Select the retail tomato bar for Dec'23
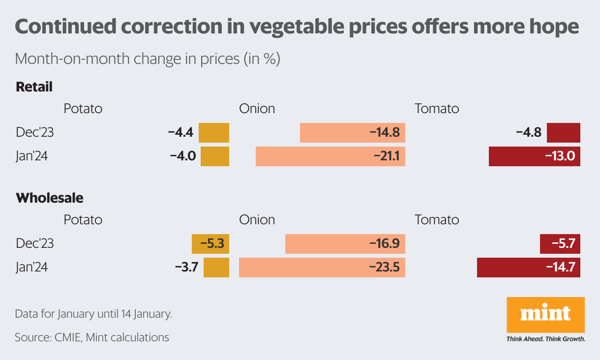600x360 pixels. click(x=564, y=133)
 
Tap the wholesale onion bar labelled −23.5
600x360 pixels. click(x=322, y=268)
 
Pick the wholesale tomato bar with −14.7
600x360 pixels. click(x=528, y=268)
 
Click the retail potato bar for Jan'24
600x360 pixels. click(x=215, y=156)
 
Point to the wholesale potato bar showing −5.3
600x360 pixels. click(x=210, y=244)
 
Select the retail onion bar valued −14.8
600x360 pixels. click(x=352, y=133)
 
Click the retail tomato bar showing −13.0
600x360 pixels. click(x=534, y=156)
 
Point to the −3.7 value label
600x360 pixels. click(x=186, y=268)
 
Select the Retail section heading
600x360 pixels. click(x=34, y=87)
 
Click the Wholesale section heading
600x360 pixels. click(x=49, y=198)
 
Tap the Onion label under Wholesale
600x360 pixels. click(x=257, y=219)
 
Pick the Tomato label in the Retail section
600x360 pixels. click(x=437, y=108)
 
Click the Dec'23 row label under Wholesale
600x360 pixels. click(x=34, y=244)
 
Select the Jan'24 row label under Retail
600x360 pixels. click(x=32, y=156)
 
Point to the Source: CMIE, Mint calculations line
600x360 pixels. click(x=92, y=337)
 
